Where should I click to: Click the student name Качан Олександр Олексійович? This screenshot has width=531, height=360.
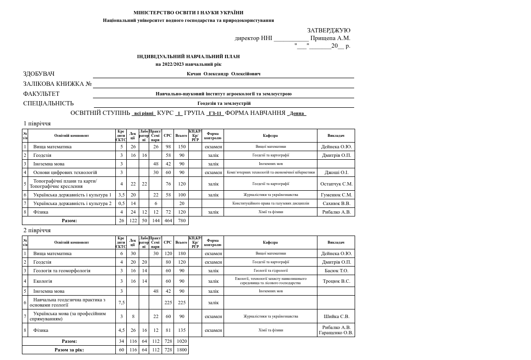(x=224, y=74)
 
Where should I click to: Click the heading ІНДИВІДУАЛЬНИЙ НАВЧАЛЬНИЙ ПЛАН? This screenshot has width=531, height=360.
(x=188, y=56)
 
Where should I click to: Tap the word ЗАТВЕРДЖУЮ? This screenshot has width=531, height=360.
(x=328, y=31)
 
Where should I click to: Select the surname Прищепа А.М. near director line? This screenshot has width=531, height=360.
(x=330, y=38)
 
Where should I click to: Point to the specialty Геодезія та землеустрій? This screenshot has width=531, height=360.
(x=224, y=103)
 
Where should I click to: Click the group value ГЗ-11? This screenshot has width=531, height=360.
(x=215, y=113)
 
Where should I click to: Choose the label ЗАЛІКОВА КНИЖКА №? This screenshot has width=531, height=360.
(x=57, y=84)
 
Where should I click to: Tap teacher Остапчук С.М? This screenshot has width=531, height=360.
(x=336, y=184)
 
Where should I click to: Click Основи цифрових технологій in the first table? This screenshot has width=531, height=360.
(x=65, y=173)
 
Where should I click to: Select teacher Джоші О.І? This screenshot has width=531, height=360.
(x=336, y=173)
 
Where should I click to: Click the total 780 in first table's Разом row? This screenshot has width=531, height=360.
(x=181, y=221)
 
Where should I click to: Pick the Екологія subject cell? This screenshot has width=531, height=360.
(x=42, y=281)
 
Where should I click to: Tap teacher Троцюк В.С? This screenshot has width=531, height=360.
(x=336, y=281)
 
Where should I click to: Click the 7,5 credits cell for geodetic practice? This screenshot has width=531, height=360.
(x=122, y=302)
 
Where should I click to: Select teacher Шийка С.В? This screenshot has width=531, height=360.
(x=336, y=316)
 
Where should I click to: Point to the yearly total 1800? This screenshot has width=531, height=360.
(x=181, y=350)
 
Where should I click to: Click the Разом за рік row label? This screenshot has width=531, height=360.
(x=69, y=350)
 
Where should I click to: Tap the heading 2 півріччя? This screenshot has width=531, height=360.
(x=37, y=230)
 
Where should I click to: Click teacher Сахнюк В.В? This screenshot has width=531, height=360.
(x=336, y=204)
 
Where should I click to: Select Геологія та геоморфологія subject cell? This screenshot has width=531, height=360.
(x=61, y=271)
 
